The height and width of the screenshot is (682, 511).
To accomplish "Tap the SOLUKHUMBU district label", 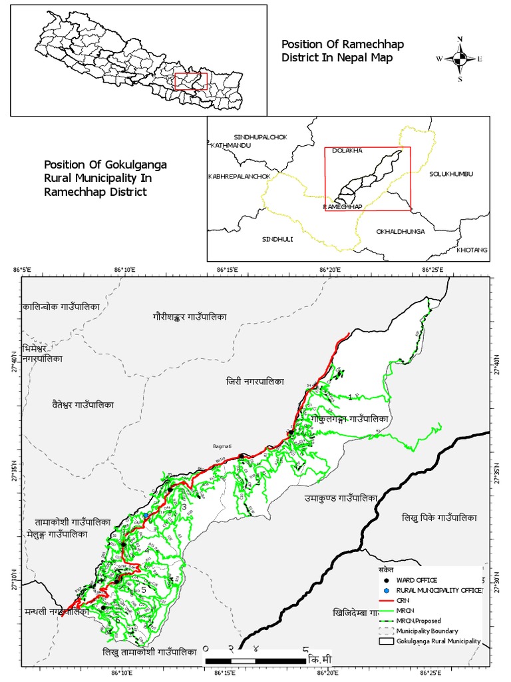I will [x=450, y=174].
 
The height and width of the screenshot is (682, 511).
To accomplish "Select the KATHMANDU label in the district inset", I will [x=231, y=145].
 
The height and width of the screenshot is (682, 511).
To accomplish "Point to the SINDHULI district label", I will [x=277, y=238].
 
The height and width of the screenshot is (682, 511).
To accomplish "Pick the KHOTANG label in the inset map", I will [x=472, y=250].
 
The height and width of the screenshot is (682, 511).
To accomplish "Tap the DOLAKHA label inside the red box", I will [x=347, y=151].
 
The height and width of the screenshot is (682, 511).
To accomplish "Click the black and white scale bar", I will [x=255, y=661].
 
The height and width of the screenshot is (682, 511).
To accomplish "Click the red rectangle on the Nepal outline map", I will [x=191, y=81].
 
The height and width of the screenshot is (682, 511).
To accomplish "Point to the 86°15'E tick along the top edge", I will [x=228, y=269].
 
